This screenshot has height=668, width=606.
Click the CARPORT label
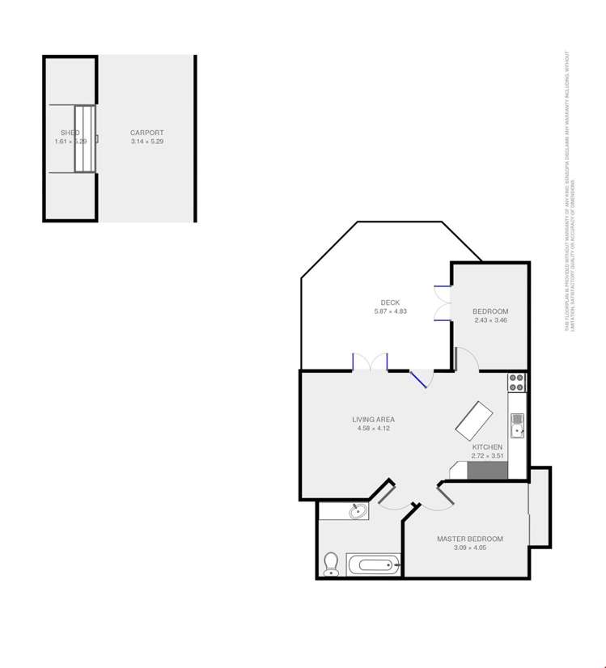(x=147, y=133)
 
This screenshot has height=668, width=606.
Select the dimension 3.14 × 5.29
(x=147, y=142)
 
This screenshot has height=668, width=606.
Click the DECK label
(x=390, y=302)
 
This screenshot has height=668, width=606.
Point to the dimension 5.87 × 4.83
(x=390, y=311)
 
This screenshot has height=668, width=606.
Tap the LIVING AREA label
(x=373, y=419)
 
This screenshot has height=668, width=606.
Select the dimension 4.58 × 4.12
(x=373, y=428)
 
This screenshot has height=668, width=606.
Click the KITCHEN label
(x=488, y=446)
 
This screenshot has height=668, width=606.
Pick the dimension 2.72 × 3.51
(x=488, y=455)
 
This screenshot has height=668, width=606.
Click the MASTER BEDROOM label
(x=470, y=539)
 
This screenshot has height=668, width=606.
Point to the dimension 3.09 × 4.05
(x=470, y=548)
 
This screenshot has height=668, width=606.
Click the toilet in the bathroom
(x=330, y=563)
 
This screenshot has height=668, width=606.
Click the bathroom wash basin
(x=356, y=510)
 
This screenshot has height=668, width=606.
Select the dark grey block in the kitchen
(x=487, y=471)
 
